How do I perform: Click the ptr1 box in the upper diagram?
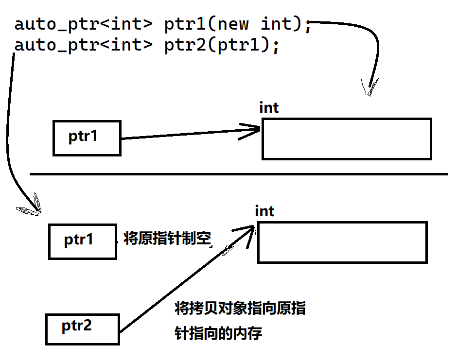(x=87, y=138)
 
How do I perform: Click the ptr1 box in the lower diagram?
(x=82, y=241)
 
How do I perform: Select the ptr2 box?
(x=82, y=329)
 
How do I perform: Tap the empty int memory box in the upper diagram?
(x=346, y=138)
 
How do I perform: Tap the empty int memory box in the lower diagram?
(x=342, y=242)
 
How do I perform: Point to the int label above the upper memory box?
(x=269, y=107)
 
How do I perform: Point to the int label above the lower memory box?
(x=264, y=211)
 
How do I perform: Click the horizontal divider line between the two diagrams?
(x=238, y=173)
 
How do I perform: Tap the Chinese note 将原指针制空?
(x=167, y=239)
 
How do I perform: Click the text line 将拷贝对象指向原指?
(x=240, y=308)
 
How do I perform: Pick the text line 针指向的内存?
(x=218, y=334)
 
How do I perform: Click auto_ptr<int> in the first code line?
(x=83, y=24)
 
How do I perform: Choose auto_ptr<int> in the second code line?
(x=83, y=46)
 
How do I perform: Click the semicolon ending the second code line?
(x=276, y=48)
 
